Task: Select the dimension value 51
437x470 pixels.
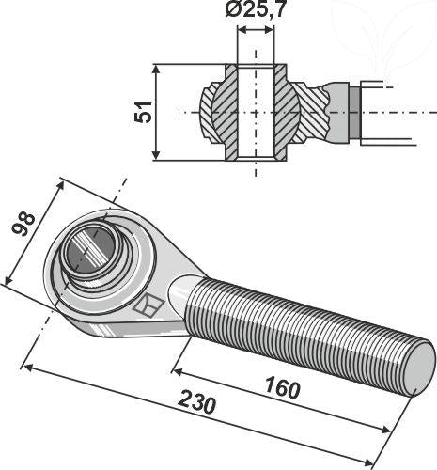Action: [143, 113]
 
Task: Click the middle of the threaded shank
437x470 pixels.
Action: [301, 320]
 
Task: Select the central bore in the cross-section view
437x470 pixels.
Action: [256, 113]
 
